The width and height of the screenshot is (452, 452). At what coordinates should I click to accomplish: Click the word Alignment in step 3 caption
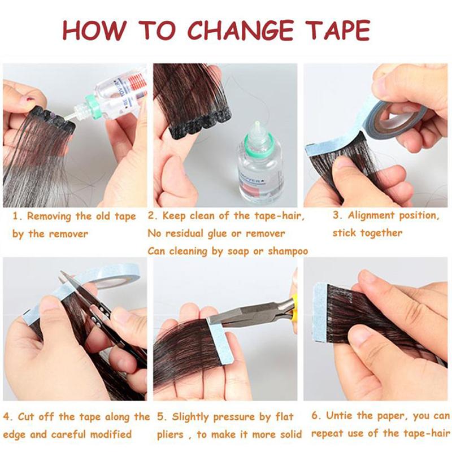(371, 216)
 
